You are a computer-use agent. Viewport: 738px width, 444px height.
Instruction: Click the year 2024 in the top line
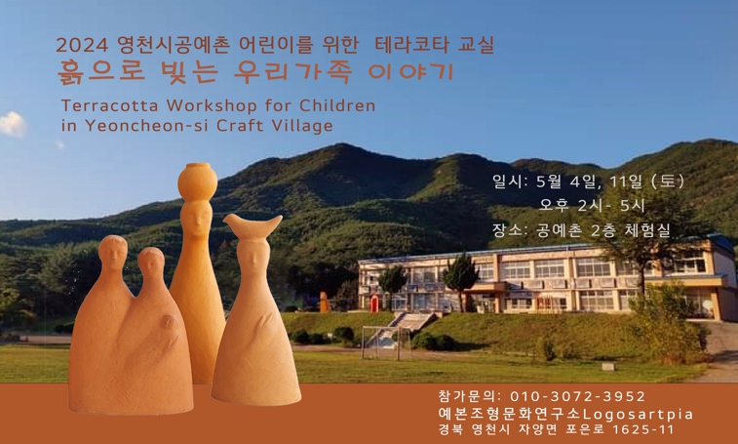click(82, 45)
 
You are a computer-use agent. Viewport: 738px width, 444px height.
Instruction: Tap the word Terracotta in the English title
click(109, 105)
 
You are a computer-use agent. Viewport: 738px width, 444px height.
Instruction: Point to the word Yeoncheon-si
click(148, 126)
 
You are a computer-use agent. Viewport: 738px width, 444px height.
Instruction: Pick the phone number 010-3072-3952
click(577, 396)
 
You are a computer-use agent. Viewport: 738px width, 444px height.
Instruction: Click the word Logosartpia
click(638, 415)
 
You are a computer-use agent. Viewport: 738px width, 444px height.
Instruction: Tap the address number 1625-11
click(643, 430)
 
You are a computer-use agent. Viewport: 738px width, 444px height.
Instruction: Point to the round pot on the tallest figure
click(198, 181)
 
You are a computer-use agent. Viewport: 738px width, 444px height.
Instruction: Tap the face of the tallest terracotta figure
click(197, 220)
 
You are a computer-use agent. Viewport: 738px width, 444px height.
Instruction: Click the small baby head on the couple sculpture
click(168, 322)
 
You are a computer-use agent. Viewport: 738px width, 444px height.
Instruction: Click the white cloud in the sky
click(13, 124)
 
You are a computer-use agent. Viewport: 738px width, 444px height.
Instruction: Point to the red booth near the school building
click(373, 303)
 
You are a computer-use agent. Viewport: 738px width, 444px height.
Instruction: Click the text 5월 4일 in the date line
click(567, 182)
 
